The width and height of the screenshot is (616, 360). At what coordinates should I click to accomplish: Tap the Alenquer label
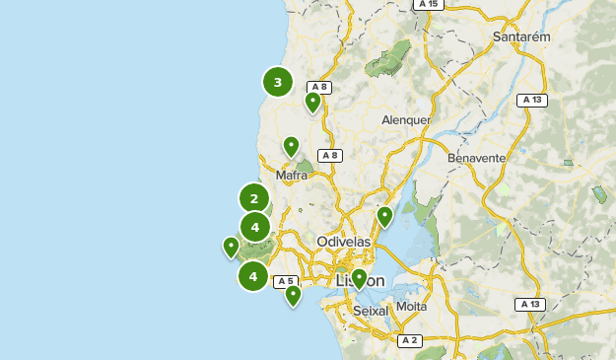[x=406, y=120]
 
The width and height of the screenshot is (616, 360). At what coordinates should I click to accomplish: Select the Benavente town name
[x=476, y=158]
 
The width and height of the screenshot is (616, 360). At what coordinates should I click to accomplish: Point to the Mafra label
[x=292, y=176]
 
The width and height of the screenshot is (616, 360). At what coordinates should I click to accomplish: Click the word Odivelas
[x=343, y=242]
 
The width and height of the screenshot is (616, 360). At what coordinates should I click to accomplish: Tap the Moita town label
[x=412, y=307]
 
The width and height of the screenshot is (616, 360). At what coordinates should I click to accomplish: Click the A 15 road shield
[x=427, y=4]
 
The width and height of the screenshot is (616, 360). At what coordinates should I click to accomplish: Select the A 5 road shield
[x=285, y=281]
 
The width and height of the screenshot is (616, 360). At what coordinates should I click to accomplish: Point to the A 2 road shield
[x=410, y=340]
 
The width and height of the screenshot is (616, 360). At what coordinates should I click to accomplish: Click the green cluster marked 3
[x=278, y=82]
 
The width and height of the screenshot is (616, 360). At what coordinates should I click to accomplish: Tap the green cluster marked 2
[x=254, y=198]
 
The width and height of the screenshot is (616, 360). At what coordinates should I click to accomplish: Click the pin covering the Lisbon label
[x=359, y=279]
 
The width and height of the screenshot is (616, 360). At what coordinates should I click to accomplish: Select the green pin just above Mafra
[x=291, y=147]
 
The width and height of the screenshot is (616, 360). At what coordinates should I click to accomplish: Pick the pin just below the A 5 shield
[x=292, y=295]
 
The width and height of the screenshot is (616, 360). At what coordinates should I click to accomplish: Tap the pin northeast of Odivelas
[x=384, y=217]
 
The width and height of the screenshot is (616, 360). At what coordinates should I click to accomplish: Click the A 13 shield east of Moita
[x=530, y=304]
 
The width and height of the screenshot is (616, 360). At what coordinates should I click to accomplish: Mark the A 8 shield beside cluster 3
[x=317, y=87]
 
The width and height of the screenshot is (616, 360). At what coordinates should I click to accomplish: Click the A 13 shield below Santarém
[x=532, y=100]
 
